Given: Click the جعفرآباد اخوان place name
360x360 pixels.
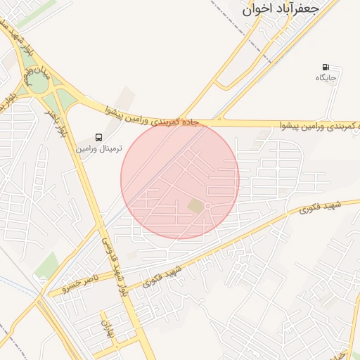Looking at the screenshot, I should [x=280, y=10].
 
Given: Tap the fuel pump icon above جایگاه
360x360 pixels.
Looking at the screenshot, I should [x=325, y=67].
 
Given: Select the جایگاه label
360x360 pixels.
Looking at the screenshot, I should [x=326, y=77].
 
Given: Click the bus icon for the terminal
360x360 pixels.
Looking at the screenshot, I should [x=98, y=137].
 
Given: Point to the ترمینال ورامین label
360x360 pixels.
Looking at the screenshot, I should [x=99, y=149].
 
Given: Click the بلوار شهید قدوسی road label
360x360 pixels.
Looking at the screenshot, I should [x=114, y=263].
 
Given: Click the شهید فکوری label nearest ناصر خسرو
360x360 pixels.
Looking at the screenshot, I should [x=162, y=276].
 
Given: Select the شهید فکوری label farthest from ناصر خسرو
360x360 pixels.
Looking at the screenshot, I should [x=320, y=207].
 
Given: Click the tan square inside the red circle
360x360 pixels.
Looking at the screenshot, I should [x=195, y=205].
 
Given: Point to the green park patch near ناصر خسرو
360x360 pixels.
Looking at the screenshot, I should [x=47, y=266].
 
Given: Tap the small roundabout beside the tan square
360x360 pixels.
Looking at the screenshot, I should [x=209, y=206].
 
